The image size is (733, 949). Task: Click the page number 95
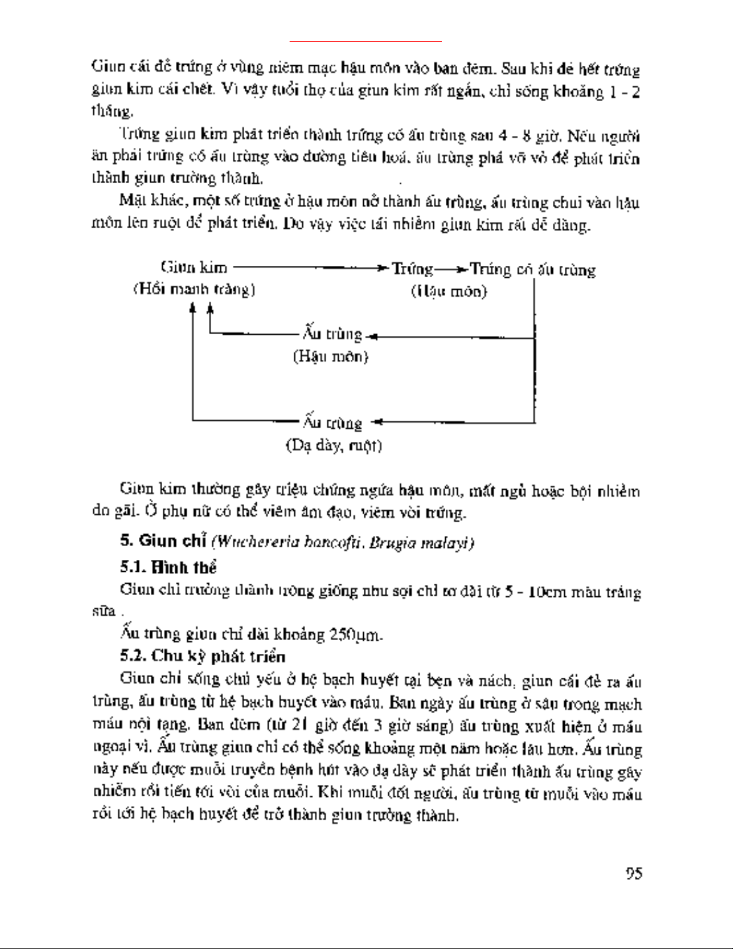pos(634,873)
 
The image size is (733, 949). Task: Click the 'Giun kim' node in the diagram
pos(193,267)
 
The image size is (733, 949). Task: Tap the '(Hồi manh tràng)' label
pos(194,289)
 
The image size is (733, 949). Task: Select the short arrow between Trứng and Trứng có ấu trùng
pos(451,269)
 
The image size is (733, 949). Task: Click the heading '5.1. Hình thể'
pos(168,566)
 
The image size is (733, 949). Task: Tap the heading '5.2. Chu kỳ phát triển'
pos(202,656)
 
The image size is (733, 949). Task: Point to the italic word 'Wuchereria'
pos(248,543)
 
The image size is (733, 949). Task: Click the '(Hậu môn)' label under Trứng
pos(449,292)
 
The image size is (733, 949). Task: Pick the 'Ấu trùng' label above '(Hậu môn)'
pos(333,334)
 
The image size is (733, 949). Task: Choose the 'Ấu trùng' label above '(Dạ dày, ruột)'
pos(333,423)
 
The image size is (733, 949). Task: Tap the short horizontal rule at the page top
pos(366,42)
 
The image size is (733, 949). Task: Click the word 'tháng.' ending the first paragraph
pos(112,111)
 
